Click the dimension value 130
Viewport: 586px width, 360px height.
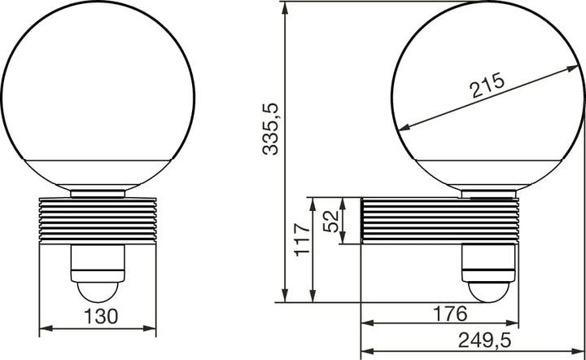(97, 315)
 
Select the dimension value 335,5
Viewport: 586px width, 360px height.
(273, 128)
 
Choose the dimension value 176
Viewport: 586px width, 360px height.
(449, 314)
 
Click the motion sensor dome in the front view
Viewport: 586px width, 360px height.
(97, 291)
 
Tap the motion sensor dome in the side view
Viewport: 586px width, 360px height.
(488, 290)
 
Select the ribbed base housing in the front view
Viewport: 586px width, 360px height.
(97, 221)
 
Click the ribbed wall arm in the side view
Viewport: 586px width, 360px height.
(439, 221)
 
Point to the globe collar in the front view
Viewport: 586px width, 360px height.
(97, 194)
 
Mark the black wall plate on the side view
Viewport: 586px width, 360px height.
(361, 220)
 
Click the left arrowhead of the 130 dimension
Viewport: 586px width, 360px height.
(43, 329)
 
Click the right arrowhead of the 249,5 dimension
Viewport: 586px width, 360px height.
(581, 353)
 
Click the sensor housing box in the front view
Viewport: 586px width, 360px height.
(97, 261)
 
